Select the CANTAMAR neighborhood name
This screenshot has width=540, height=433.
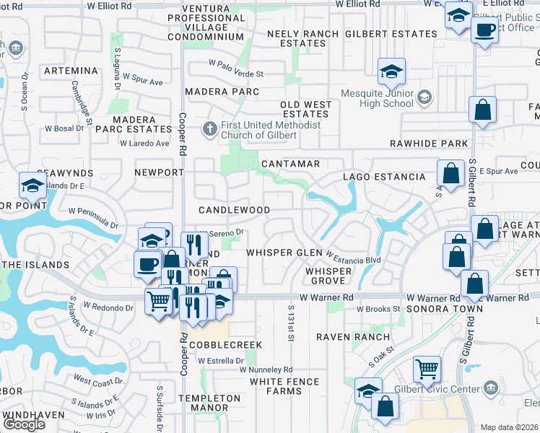(290, 164)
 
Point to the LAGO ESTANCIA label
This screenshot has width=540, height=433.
(384, 177)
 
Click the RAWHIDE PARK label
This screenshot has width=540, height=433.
(429, 144)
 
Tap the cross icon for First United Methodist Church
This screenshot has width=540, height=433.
(209, 130)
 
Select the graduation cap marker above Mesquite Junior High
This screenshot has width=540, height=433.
(392, 71)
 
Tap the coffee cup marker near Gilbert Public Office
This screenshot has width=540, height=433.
(484, 31)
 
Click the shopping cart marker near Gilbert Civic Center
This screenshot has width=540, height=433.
(427, 369)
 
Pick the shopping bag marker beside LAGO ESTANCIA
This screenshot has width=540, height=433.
(450, 174)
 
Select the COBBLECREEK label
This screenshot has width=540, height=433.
(225, 345)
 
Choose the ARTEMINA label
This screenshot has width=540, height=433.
(70, 71)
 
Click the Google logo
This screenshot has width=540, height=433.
(25, 424)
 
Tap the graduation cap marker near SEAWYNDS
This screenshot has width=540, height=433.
(32, 186)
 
